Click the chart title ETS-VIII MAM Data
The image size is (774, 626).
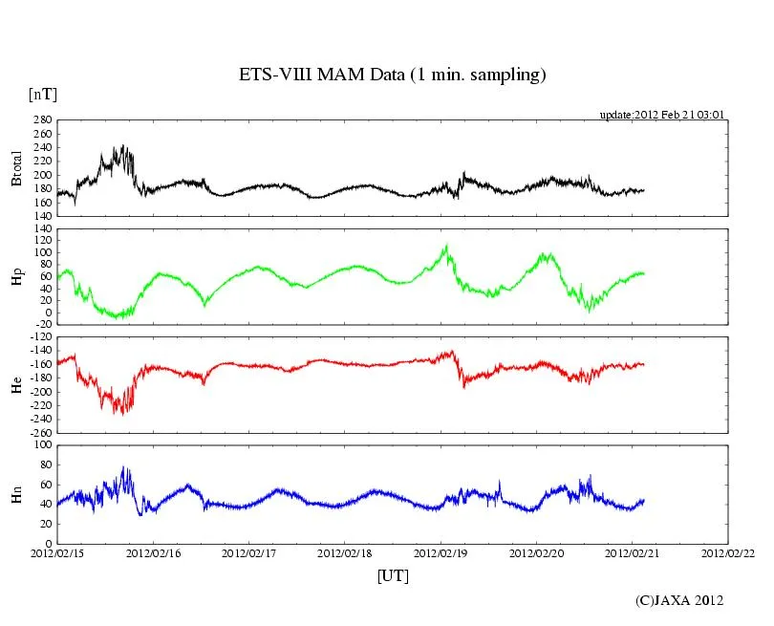(392, 75)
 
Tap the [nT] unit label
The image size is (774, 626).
(42, 94)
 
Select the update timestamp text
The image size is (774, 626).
(662, 115)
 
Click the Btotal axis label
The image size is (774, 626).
(16, 168)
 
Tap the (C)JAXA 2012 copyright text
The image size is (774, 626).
(679, 600)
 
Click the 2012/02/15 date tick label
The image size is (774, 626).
(57, 552)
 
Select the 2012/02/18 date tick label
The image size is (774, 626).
(345, 552)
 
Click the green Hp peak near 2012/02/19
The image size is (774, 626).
(445, 247)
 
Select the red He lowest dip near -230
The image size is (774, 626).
(120, 413)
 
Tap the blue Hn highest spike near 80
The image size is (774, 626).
(123, 467)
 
